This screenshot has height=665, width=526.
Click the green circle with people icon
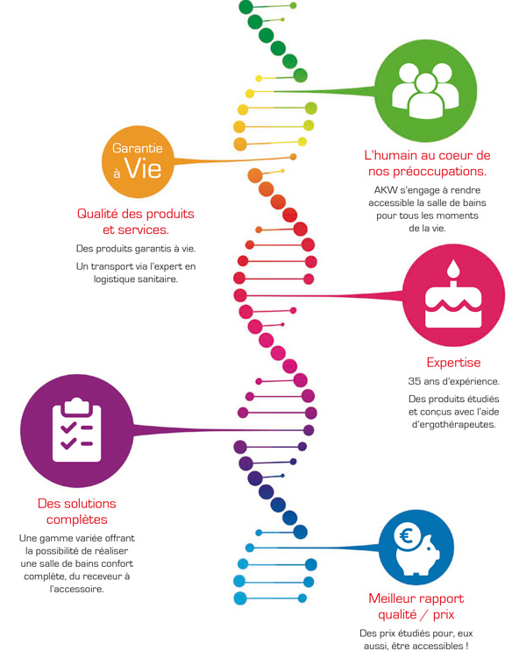click(x=426, y=90)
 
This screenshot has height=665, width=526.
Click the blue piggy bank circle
click(x=416, y=548)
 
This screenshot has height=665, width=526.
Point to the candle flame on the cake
click(x=453, y=266)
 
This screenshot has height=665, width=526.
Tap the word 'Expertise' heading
click(x=453, y=362)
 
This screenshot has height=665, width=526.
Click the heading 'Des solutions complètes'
click(x=76, y=511)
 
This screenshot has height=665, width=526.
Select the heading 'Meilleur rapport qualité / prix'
click(x=416, y=606)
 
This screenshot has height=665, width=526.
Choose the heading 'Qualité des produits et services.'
click(x=136, y=222)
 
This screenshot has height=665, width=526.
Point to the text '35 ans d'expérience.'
click(x=453, y=382)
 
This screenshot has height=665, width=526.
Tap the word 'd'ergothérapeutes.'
click(x=453, y=425)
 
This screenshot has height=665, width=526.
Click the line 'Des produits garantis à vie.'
click(x=135, y=249)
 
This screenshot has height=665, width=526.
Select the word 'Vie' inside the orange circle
click(x=143, y=166)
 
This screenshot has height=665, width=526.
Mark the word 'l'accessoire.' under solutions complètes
click(x=77, y=589)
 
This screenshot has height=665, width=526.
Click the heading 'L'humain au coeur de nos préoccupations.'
click(x=427, y=163)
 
